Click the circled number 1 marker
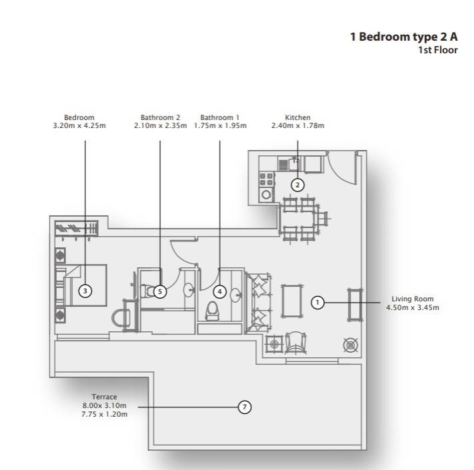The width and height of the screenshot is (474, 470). [x=317, y=302]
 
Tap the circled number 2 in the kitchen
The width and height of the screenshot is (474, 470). [x=297, y=185]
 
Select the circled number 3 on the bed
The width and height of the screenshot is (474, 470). [x=85, y=291]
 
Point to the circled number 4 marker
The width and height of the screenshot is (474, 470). [x=220, y=292]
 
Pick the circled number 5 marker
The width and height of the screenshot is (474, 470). [x=160, y=292]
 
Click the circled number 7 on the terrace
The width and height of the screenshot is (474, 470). [x=245, y=407]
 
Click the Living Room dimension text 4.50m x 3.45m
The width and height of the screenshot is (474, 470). [x=413, y=308]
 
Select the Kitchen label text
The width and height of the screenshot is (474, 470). [x=298, y=117]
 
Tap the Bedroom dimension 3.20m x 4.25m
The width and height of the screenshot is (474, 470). [x=79, y=126]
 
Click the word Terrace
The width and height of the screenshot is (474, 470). [x=104, y=397]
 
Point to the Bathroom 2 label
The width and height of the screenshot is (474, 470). [x=160, y=117]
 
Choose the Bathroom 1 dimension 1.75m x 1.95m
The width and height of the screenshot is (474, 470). [x=220, y=126]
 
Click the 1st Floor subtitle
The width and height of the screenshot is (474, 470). [x=438, y=50]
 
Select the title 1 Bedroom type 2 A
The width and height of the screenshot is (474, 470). [x=404, y=37]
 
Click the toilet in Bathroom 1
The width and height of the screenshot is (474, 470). [x=212, y=311]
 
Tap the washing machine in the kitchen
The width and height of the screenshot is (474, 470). [x=266, y=195]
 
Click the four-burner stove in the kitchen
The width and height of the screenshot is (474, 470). [x=267, y=179]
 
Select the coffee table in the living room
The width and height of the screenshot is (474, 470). [x=292, y=301]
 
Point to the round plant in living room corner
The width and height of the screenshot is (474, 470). [x=351, y=345]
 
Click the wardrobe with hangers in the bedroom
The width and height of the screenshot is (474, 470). [x=77, y=229]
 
